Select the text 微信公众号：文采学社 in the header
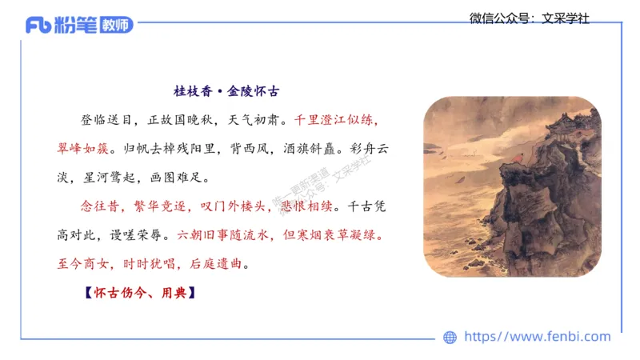(x=529, y=18)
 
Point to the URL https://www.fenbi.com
(x=538, y=337)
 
